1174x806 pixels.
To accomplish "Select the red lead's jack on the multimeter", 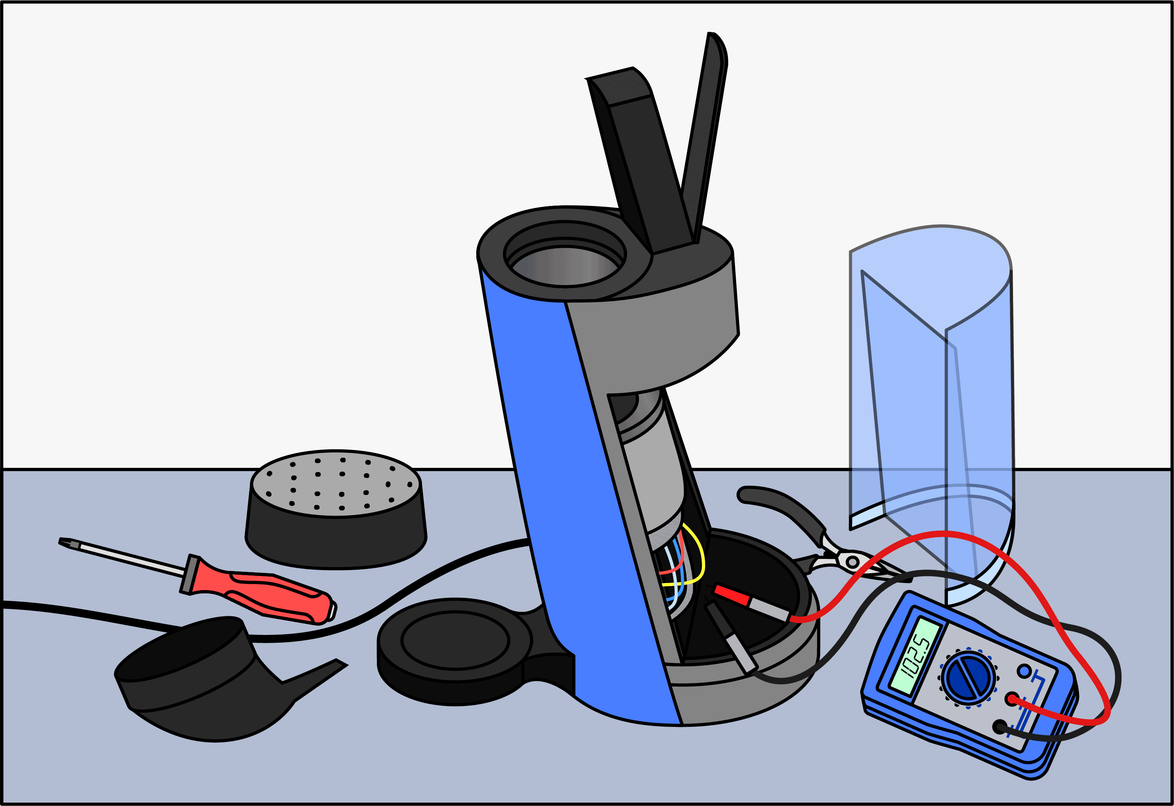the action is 1012,699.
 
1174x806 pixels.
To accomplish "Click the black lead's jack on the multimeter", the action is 1000,728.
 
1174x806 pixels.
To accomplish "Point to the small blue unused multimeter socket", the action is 1024,671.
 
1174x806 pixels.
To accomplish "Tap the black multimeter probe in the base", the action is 731,638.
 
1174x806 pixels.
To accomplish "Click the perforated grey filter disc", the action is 335,483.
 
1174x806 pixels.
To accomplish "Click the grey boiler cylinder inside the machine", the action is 652,480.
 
